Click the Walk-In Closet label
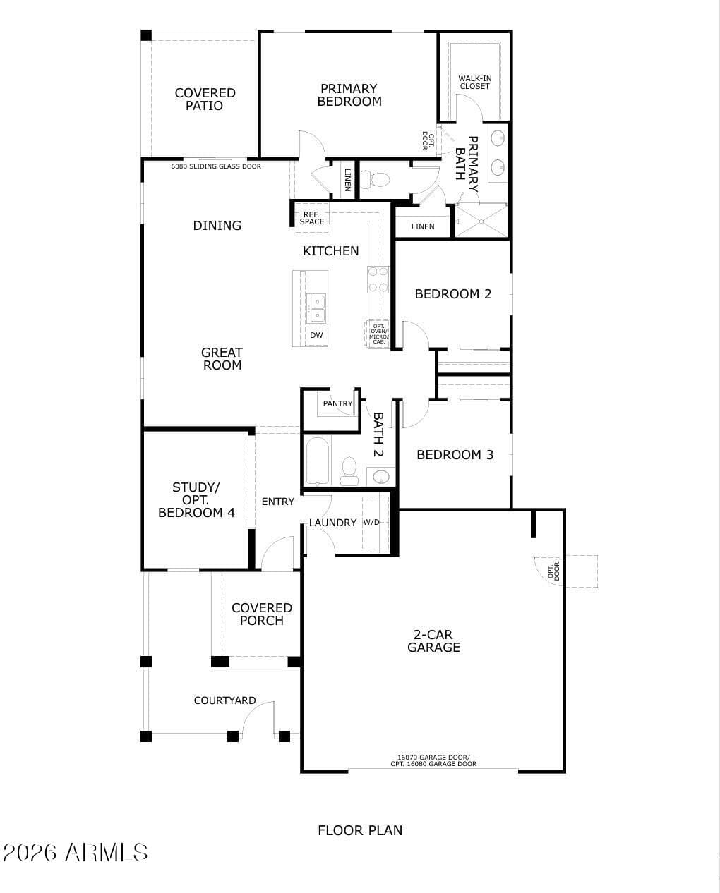coord(474,82)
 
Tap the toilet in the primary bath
coord(375,180)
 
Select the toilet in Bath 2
coord(349,471)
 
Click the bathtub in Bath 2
coord(318,461)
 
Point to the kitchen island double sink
coord(316,309)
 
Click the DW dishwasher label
coord(316,335)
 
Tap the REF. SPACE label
coord(311,218)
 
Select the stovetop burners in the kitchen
coord(378,279)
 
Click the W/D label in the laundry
coord(371,522)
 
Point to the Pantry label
coord(337,403)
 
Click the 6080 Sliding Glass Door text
coord(216,166)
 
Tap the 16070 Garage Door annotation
coord(433,758)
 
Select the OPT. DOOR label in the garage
coord(553,571)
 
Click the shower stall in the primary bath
coord(481,221)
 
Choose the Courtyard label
coord(224,700)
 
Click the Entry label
coord(278,502)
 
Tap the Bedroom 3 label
coord(455,455)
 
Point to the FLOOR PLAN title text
coord(360,830)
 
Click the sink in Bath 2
coord(380,476)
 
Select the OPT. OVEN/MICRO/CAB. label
coord(378,334)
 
